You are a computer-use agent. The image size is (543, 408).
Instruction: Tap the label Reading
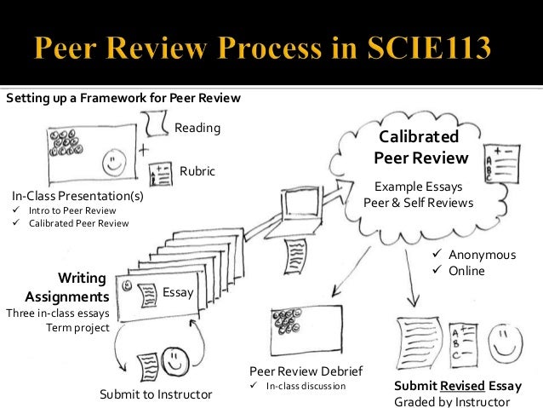(197, 128)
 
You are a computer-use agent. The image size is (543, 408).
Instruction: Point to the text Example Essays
(419, 187)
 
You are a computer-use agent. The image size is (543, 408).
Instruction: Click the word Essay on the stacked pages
(178, 293)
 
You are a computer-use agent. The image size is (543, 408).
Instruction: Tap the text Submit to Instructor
(156, 394)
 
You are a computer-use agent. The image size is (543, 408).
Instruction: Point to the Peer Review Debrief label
(306, 371)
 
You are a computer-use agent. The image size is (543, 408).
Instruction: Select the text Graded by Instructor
(451, 401)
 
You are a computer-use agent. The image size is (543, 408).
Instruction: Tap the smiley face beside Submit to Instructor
(176, 359)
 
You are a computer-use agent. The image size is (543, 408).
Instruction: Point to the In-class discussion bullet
(306, 387)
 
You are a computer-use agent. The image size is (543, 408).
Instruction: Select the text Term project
(77, 328)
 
